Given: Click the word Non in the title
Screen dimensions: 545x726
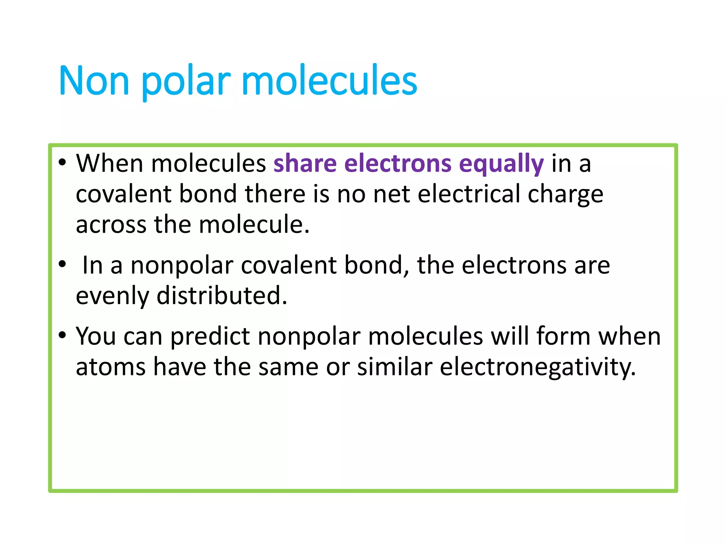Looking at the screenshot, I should pyautogui.click(x=94, y=81).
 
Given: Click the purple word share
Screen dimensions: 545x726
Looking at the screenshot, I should pyautogui.click(x=305, y=164).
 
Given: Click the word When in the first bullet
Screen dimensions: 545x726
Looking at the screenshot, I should pyautogui.click(x=110, y=164).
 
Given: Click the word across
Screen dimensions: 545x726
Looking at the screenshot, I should pyautogui.click(x=111, y=225).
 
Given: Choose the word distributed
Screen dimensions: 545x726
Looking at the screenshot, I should pyautogui.click(x=222, y=295).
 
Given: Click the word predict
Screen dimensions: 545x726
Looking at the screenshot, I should pyautogui.click(x=210, y=336).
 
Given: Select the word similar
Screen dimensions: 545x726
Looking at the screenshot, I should pyautogui.click(x=395, y=367).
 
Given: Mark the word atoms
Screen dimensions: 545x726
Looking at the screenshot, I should pyautogui.click(x=111, y=367).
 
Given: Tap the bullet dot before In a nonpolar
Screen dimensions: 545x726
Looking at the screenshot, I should pyautogui.click(x=62, y=264).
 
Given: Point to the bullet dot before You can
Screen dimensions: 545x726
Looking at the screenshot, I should pyautogui.click(x=62, y=335).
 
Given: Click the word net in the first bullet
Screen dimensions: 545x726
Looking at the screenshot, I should pyautogui.click(x=391, y=195).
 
